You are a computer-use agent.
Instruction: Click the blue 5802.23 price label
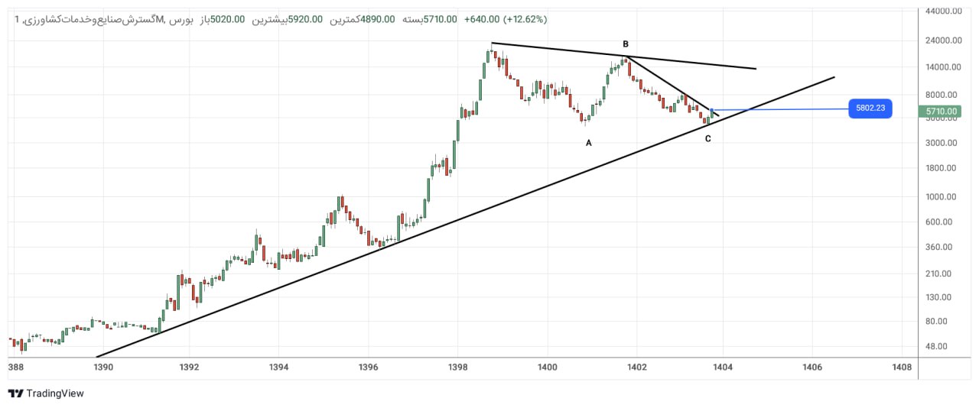tap(870, 108)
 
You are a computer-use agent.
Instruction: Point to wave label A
tap(589, 143)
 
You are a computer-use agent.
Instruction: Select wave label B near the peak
tap(626, 44)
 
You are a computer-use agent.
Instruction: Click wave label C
tap(707, 139)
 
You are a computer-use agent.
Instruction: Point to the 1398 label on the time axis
tap(457, 368)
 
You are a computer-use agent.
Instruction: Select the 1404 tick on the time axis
tap(723, 368)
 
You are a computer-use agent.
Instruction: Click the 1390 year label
tap(103, 368)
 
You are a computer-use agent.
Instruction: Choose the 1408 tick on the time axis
tap(902, 368)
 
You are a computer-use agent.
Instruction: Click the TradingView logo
tap(46, 393)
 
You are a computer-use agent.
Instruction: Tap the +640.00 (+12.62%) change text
tap(506, 20)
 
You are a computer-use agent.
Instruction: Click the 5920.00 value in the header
tap(305, 20)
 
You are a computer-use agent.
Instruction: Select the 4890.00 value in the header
tap(378, 20)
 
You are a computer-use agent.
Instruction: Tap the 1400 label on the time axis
tap(547, 368)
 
